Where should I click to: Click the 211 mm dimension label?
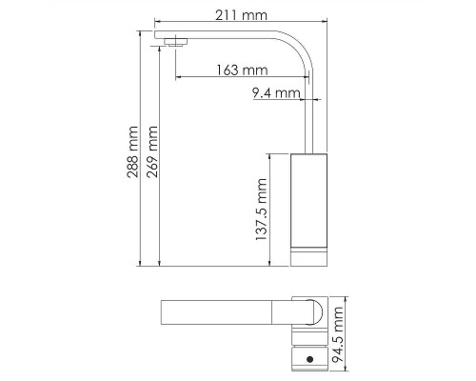pyautogui.click(x=241, y=15)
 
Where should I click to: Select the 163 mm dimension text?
pyautogui.click(x=242, y=70)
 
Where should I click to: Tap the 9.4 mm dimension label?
pyautogui.click(x=276, y=93)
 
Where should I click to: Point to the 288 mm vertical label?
pyautogui.click(x=132, y=151)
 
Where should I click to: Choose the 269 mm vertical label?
pyautogui.click(x=151, y=151)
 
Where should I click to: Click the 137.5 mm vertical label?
pyautogui.click(x=262, y=210)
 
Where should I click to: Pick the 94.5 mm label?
pyautogui.click(x=337, y=334)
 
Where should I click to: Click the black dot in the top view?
pyautogui.click(x=310, y=359)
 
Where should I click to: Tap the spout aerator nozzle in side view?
pyautogui.click(x=175, y=42)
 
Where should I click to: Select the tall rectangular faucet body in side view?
pyautogui.click(x=309, y=200)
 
